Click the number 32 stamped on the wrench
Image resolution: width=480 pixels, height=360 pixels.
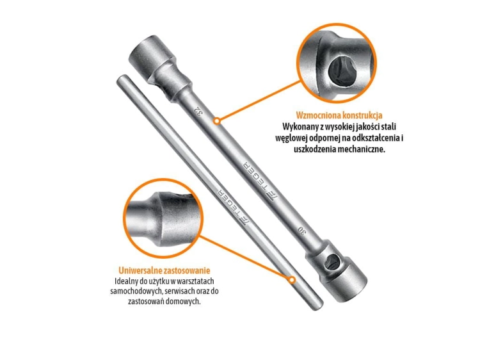[x=198, y=111]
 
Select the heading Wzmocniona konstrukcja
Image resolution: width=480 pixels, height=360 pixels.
[x=339, y=115]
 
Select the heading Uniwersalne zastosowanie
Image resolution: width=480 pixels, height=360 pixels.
[x=164, y=270]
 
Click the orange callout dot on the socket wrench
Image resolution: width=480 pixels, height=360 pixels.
[x=217, y=121]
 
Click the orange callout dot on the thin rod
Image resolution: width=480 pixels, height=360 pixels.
[x=292, y=280]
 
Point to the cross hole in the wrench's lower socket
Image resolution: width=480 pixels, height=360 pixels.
[x=331, y=262]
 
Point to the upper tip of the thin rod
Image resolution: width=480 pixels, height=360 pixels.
[x=121, y=79]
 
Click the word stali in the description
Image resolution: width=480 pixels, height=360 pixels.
[x=390, y=127]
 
